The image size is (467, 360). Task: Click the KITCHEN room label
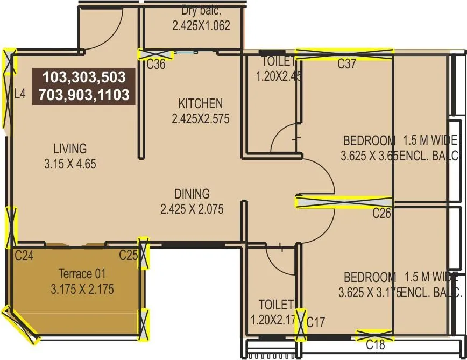click(x=200, y=103)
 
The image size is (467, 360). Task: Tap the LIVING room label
click(x=70, y=149)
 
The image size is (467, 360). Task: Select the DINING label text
click(x=192, y=194)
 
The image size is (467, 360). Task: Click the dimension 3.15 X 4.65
click(x=70, y=164)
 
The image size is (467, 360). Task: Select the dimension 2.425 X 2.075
click(x=192, y=209)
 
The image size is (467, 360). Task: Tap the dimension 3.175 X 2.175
click(x=82, y=290)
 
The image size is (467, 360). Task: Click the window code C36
click(x=156, y=65)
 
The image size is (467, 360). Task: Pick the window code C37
click(x=347, y=64)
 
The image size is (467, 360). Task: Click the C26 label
click(x=381, y=214)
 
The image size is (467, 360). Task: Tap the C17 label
click(x=316, y=322)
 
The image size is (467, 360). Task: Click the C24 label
click(x=24, y=256)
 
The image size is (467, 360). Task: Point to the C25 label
click(x=129, y=255)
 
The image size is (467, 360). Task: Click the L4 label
click(x=20, y=94)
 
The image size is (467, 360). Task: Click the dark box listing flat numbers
click(x=83, y=86)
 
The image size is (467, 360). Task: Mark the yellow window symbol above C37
click(x=344, y=53)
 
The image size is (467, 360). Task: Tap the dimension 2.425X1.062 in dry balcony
click(x=201, y=25)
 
